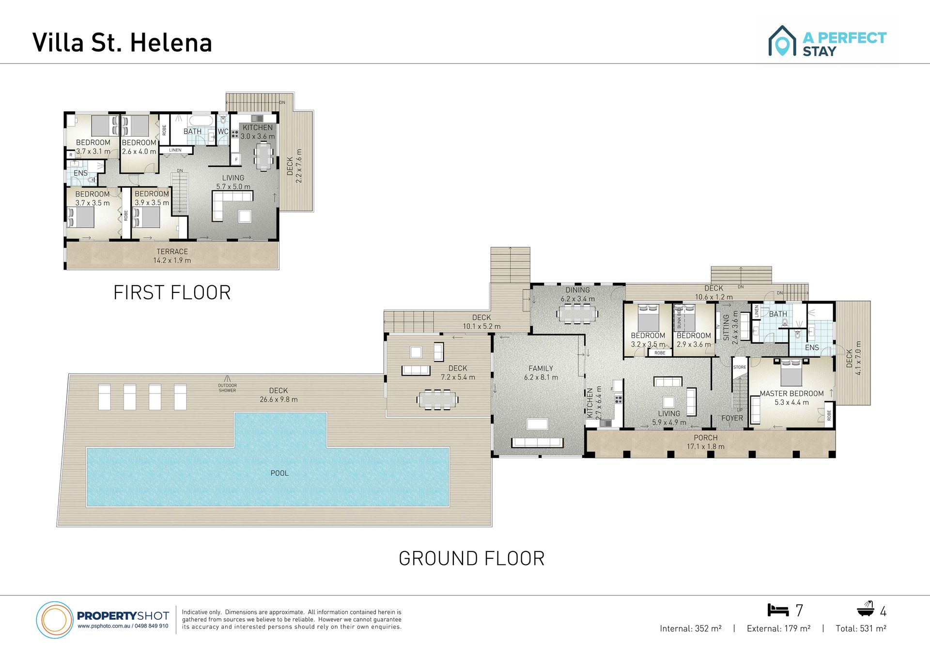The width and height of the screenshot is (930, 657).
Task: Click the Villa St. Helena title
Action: tap(122, 43)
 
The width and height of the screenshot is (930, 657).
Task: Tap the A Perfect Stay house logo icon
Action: tap(782, 41)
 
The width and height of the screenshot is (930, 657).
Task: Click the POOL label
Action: tap(279, 473)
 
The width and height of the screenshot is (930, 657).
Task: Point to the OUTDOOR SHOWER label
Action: tap(227, 388)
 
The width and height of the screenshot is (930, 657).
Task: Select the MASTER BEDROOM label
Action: tap(791, 394)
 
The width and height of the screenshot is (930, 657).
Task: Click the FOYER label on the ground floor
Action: tap(732, 418)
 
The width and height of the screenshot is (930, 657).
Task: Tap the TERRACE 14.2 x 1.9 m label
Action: tap(172, 256)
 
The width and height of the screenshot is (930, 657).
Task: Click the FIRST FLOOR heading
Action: tap(172, 292)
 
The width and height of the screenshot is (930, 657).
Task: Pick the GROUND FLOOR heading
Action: tap(471, 558)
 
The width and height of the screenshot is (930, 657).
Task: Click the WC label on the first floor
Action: tap(223, 132)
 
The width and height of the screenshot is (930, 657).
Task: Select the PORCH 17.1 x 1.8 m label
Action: tap(705, 442)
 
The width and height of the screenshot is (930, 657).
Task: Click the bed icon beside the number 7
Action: tap(778, 610)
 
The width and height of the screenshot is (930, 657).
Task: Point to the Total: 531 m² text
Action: tap(861, 628)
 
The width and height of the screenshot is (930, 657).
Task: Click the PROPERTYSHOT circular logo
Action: tap(54, 620)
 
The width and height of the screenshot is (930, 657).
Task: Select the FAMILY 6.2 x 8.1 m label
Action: tap(541, 373)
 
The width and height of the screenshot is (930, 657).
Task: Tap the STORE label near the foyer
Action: tap(740, 367)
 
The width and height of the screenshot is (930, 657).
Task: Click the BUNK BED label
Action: tap(679, 318)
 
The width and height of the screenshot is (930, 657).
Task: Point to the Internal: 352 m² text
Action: tap(690, 628)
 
